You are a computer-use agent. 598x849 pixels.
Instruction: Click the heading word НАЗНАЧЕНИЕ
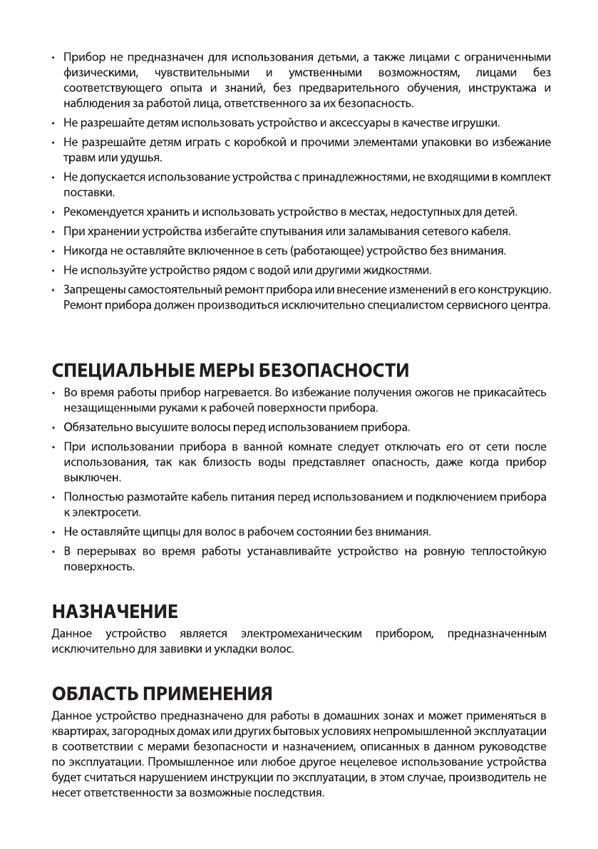click(115, 611)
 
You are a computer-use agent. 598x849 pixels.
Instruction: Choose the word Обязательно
click(94, 428)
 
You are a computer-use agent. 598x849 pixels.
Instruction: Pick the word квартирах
click(78, 731)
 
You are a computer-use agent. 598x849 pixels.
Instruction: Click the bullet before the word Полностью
click(56, 495)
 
